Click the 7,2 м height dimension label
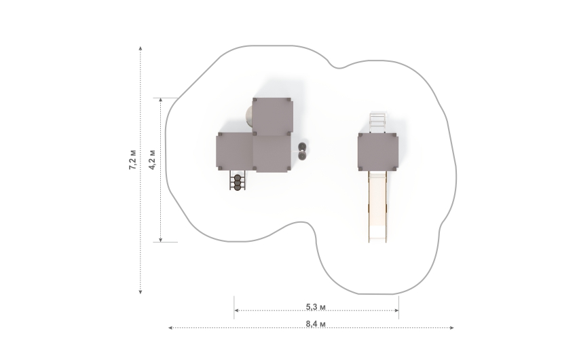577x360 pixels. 132,160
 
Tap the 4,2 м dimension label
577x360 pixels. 152,160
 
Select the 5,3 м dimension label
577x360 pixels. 316,306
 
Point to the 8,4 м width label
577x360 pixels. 316,324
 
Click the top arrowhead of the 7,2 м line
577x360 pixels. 141,48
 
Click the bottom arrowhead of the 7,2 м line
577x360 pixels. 141,292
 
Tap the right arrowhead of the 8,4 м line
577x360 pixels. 452,327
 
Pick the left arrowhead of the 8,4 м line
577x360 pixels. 170,327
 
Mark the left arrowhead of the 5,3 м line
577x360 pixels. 236,310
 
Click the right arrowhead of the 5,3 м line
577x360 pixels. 396,310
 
